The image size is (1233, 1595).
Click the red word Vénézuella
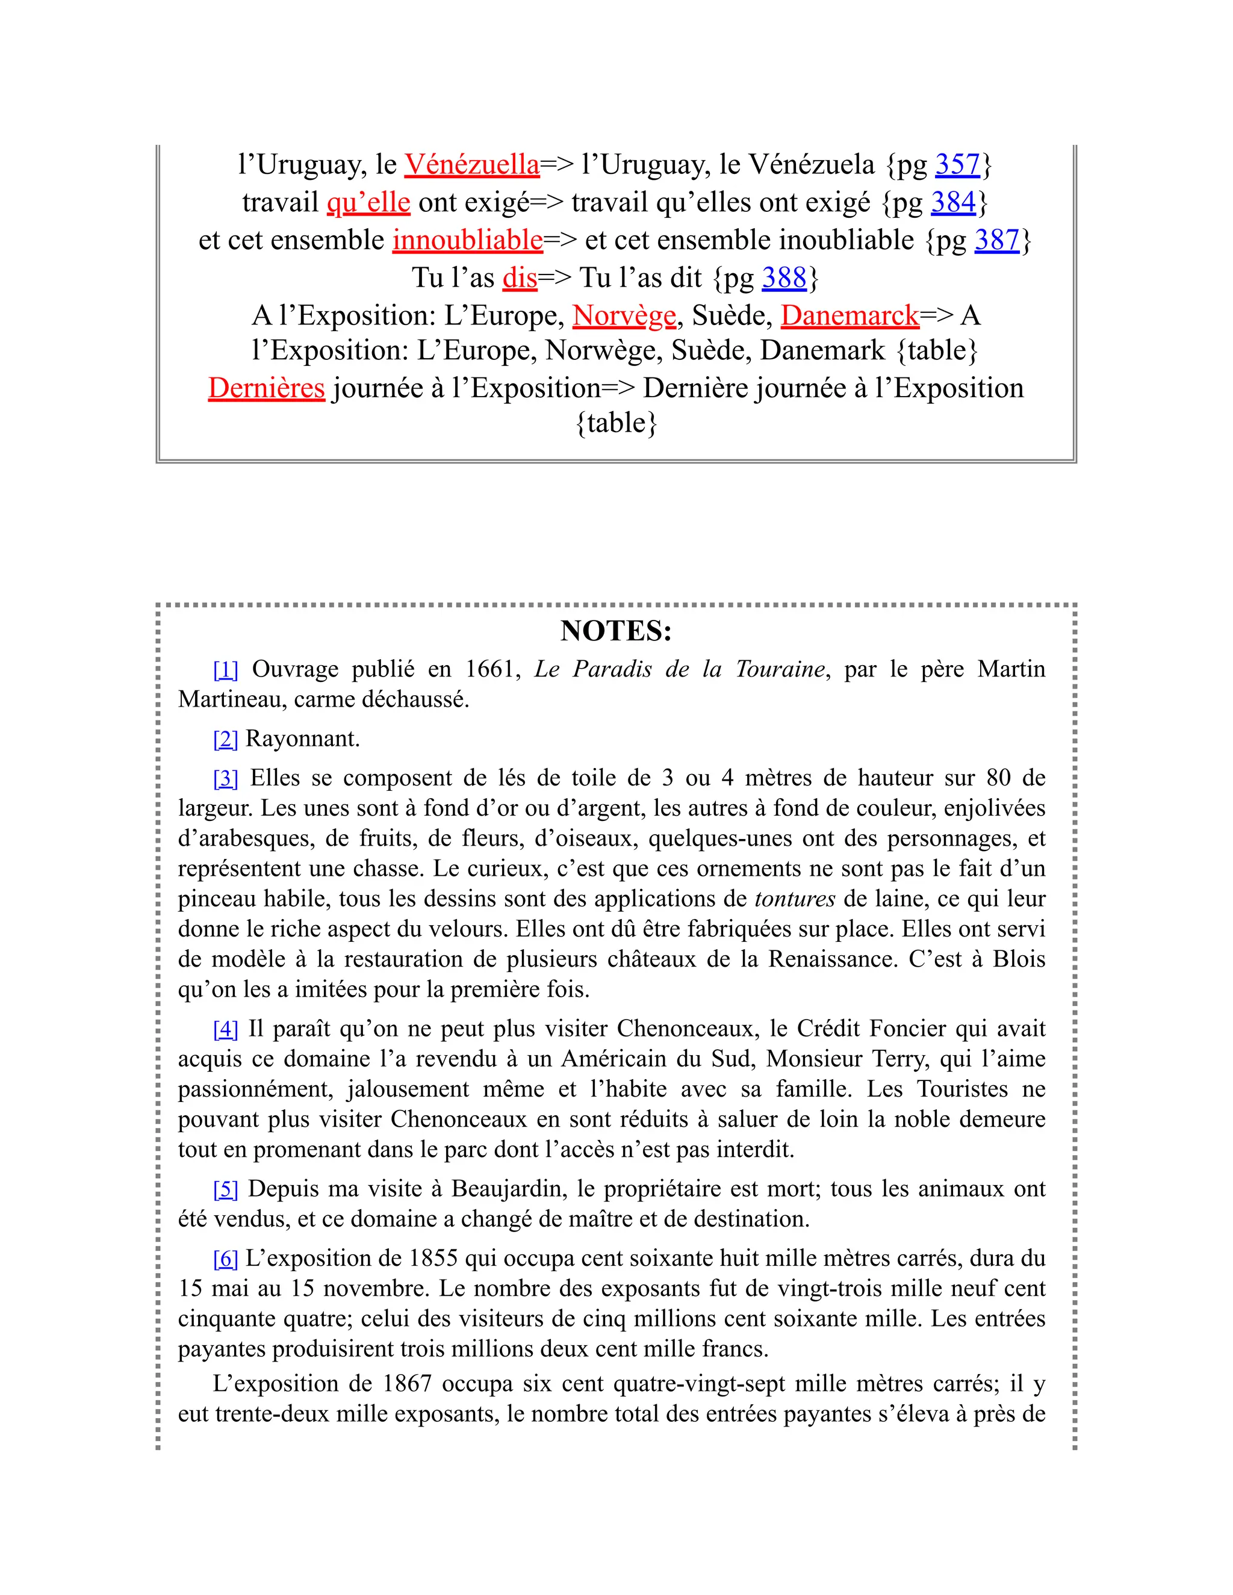tap(472, 164)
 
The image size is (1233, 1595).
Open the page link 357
tap(958, 164)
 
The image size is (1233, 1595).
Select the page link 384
tap(953, 202)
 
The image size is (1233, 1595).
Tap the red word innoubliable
tap(467, 240)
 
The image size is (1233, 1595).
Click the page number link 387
tap(997, 240)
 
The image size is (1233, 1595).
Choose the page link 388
tap(784, 277)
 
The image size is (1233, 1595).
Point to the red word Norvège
tap(624, 315)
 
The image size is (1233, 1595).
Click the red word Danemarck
tap(849, 315)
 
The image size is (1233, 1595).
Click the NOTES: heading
tap(616, 631)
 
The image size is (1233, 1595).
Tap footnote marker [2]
tap(225, 739)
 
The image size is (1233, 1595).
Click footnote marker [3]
tap(225, 778)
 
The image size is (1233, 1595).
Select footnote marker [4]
tap(225, 1029)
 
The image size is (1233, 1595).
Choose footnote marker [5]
tap(225, 1189)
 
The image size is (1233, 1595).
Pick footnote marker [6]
tap(225, 1259)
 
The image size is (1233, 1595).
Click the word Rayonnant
tap(302, 739)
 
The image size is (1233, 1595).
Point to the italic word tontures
tap(795, 899)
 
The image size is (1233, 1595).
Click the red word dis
tap(520, 277)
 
